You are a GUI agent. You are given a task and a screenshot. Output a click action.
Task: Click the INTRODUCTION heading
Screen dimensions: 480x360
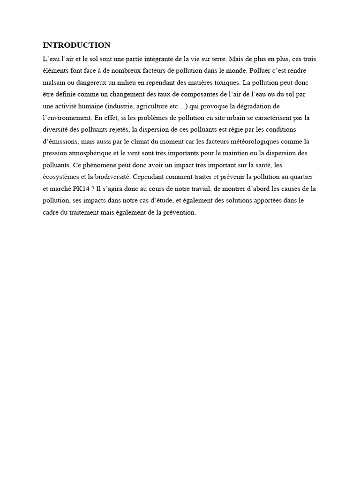(x=76, y=45)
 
